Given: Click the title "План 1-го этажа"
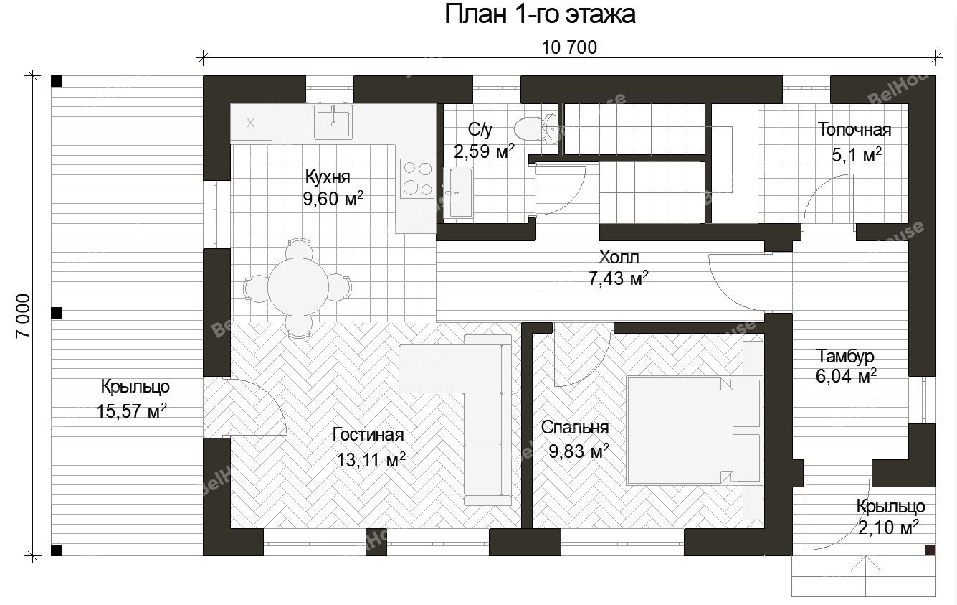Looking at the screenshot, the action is (540, 14).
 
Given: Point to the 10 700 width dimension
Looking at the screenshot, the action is (569, 47).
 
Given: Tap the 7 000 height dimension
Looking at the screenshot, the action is (23, 316).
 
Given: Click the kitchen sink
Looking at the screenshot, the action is (333, 123).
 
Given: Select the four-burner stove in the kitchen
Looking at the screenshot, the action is (417, 179).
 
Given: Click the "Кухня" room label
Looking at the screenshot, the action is (328, 177).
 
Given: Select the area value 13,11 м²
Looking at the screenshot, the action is (371, 459).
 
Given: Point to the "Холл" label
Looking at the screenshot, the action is (619, 257).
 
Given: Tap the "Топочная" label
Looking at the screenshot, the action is (854, 130).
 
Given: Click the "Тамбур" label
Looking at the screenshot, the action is (845, 356).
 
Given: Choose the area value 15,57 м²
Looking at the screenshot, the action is (132, 411).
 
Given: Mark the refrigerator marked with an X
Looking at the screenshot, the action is (251, 123).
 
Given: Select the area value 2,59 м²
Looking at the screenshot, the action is (484, 151).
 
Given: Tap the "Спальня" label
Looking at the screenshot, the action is (575, 427).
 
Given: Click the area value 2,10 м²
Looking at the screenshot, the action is (889, 527).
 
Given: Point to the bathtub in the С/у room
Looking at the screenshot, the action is (458, 193).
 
